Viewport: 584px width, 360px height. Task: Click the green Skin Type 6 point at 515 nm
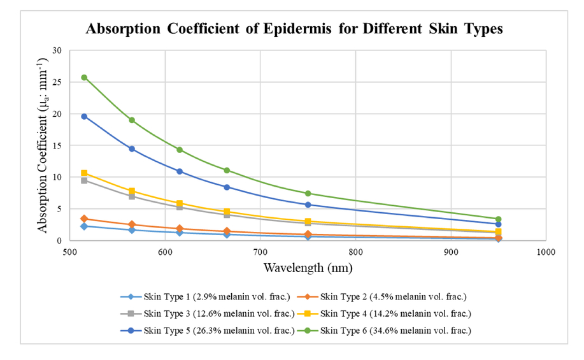click(x=84, y=78)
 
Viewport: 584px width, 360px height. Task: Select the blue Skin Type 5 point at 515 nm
click(x=84, y=117)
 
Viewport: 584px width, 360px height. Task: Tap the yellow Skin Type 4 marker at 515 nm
click(x=84, y=173)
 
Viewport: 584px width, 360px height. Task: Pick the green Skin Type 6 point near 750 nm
click(x=308, y=193)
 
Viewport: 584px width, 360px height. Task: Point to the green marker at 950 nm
click(x=498, y=219)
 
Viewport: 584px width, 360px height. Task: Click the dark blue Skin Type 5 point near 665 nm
click(x=227, y=187)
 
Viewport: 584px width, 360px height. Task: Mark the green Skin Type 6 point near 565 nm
click(x=132, y=120)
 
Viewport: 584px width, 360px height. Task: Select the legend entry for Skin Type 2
click(x=388, y=296)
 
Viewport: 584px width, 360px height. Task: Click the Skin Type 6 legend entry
click(x=388, y=329)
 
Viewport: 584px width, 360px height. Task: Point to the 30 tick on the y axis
click(x=58, y=50)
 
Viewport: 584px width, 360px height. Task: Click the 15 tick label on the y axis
click(x=58, y=145)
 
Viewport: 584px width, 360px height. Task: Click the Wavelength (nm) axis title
click(x=308, y=268)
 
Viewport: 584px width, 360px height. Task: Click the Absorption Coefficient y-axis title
click(x=42, y=145)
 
